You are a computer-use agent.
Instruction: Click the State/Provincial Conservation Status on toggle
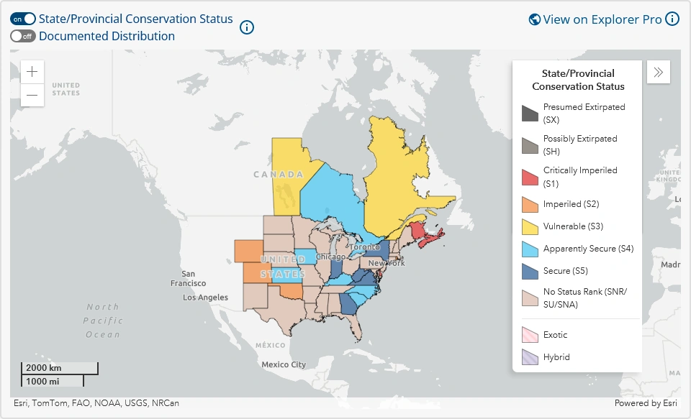pos(23,19)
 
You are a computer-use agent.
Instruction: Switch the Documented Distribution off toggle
pos(23,36)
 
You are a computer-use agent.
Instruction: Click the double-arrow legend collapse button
pos(659,72)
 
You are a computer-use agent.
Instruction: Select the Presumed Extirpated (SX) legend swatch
pos(530,113)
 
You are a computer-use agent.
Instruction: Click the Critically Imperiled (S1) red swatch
pos(530,177)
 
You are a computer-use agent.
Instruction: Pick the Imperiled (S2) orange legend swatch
pos(530,204)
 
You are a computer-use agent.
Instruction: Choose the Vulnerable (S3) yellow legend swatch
pos(530,226)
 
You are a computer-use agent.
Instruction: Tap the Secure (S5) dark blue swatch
pos(530,271)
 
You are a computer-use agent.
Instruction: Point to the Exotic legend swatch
pos(530,335)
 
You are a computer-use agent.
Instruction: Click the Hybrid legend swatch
pos(530,357)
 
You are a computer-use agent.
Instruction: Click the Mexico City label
pos(284,364)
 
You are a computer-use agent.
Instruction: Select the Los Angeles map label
pos(205,298)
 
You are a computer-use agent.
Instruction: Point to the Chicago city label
pos(330,257)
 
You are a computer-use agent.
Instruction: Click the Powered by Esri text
pos(646,403)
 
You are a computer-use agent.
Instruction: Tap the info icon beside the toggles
pos(247,27)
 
